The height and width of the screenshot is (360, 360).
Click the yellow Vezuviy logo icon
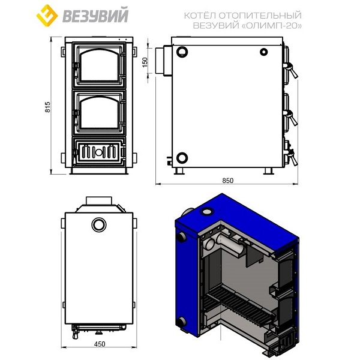point(47,16)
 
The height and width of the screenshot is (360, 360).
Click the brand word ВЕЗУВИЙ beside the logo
point(95,16)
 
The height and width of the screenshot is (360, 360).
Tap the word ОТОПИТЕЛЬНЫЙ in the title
point(260,16)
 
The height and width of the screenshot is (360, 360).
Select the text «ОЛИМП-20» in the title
point(272,25)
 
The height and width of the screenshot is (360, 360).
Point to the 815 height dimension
point(47,107)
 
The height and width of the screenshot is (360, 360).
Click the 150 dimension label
point(145,62)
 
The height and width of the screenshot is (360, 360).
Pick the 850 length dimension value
point(227,181)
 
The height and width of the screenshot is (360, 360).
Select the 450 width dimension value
point(100,344)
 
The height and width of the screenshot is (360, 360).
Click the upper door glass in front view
point(99,65)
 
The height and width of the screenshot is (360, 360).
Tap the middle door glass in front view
point(99,113)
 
